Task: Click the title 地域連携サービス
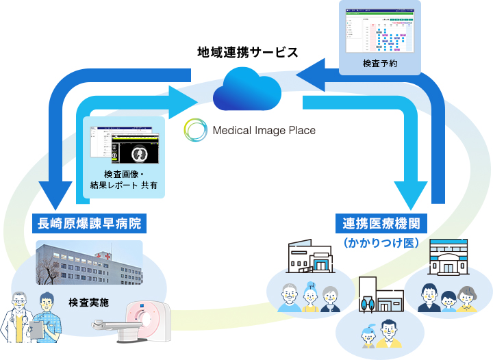247,52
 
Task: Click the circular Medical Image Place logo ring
196,129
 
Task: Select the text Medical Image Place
263,130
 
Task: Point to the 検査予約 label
380,64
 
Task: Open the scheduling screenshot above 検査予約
380,30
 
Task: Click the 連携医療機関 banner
381,222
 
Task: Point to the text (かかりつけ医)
381,242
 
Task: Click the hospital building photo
89,263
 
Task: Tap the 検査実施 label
88,302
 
